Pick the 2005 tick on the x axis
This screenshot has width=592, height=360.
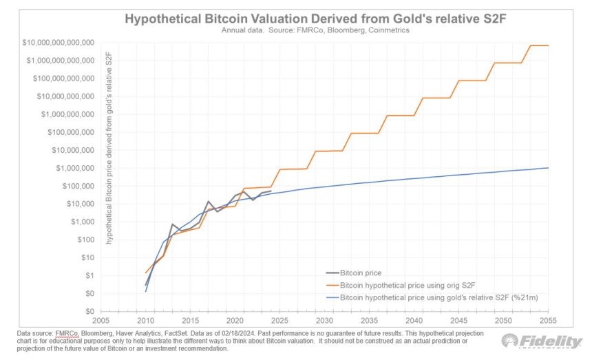pos(101,321)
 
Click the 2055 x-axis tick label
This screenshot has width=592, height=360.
pos(549,321)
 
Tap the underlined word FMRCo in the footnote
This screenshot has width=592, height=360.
pos(67,334)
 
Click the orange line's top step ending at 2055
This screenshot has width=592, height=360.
pos(539,45)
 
